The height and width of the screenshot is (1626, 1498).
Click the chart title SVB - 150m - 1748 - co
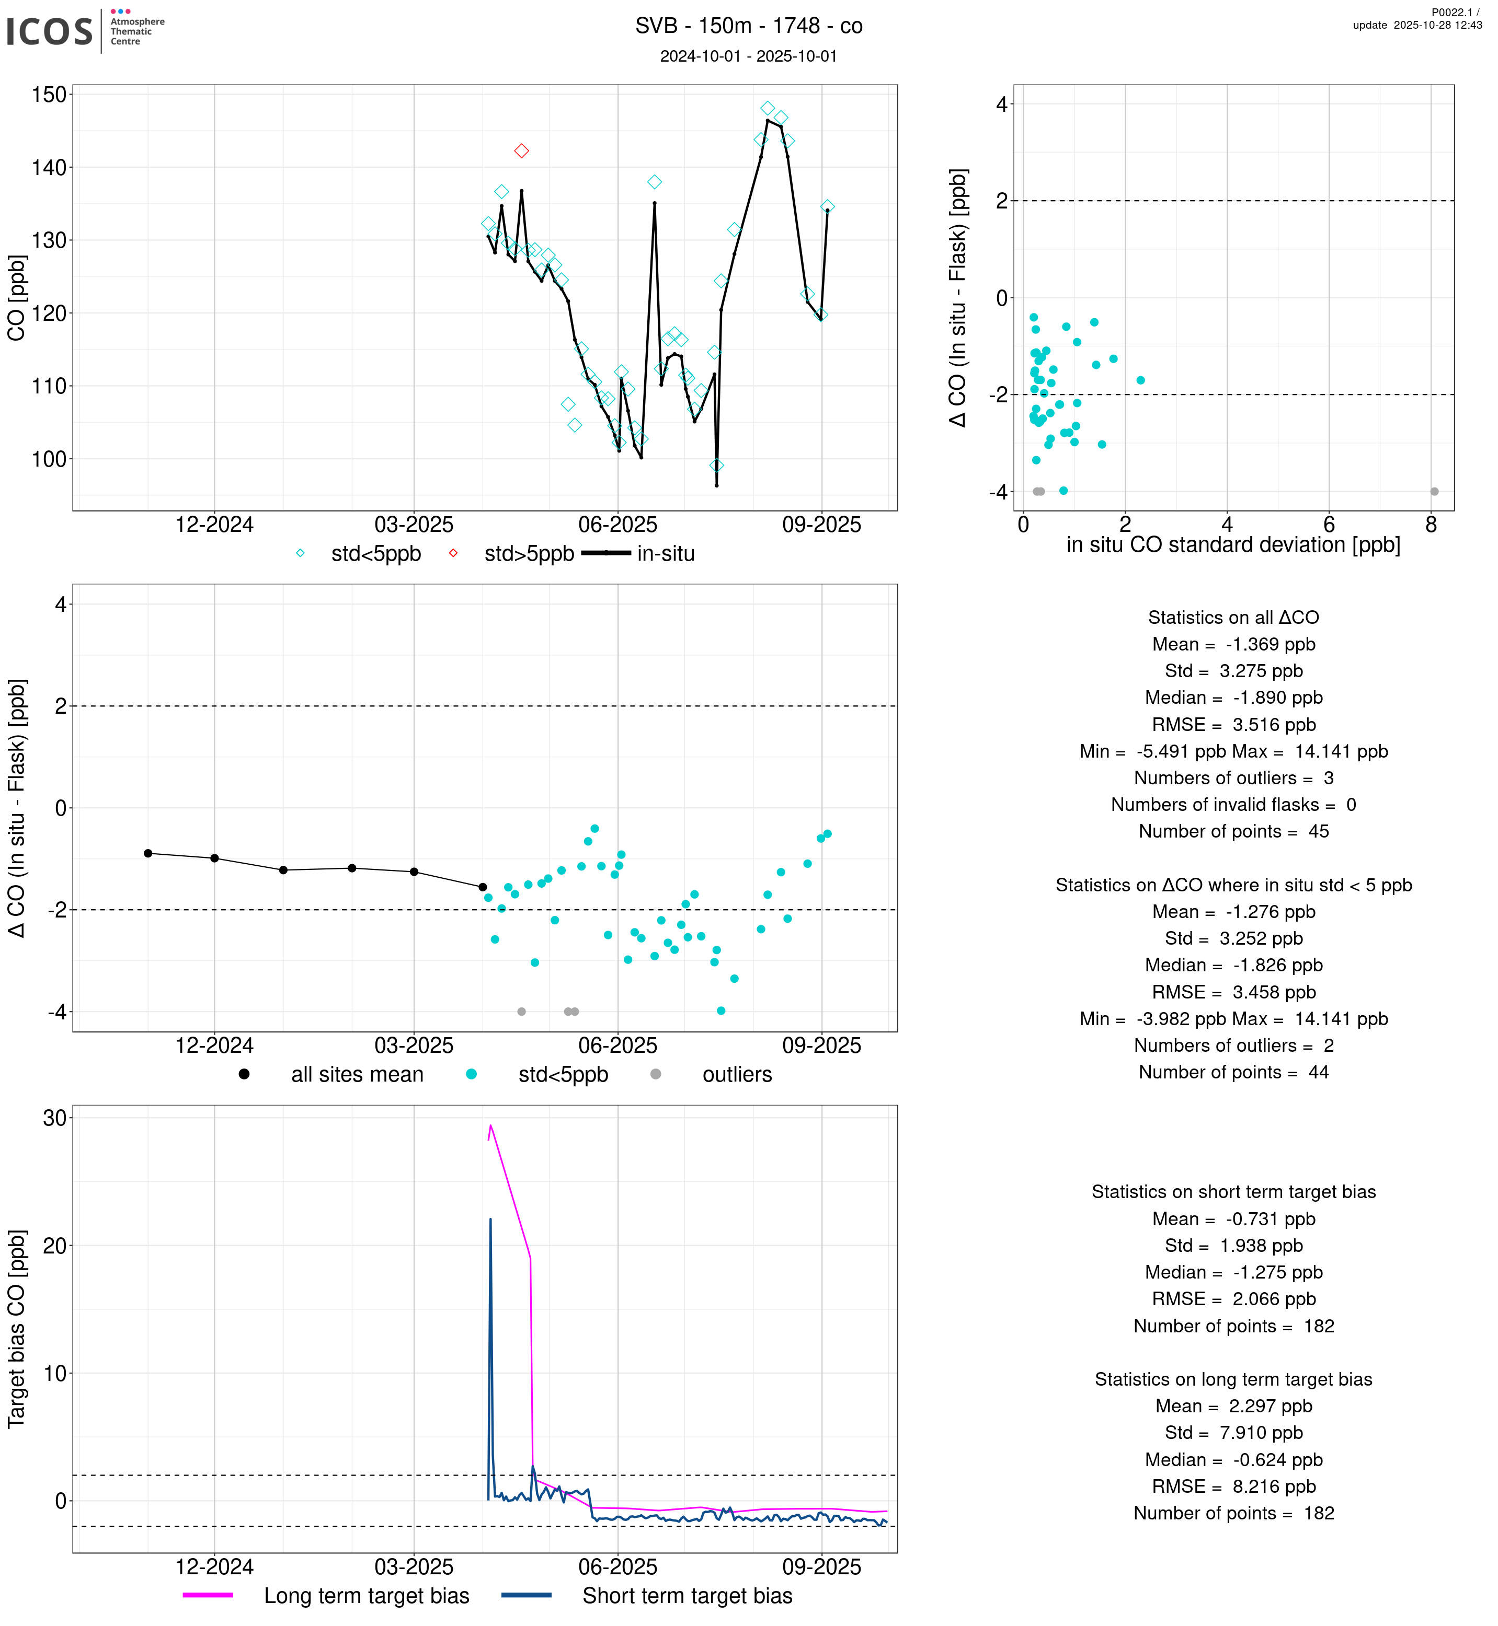748,26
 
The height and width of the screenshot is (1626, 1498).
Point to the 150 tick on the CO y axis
49,95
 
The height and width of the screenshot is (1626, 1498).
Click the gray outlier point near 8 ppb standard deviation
1434,492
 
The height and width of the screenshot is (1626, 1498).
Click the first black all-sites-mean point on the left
148,853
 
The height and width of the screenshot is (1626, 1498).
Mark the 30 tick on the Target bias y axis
54,1118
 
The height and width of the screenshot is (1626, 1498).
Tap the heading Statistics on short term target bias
1233,1192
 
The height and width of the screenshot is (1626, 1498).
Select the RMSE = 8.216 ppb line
1233,1486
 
